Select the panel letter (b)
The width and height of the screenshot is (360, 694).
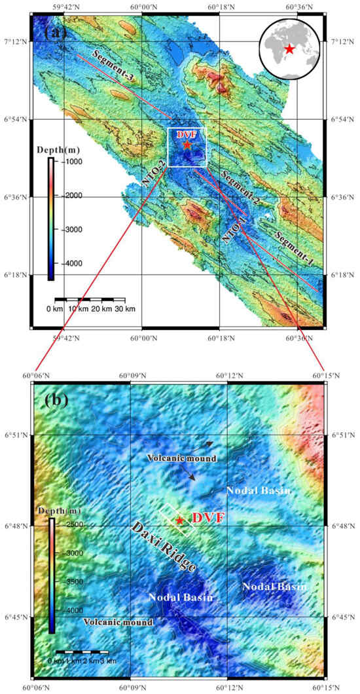click(x=57, y=399)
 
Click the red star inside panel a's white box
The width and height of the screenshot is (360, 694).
click(x=187, y=145)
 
